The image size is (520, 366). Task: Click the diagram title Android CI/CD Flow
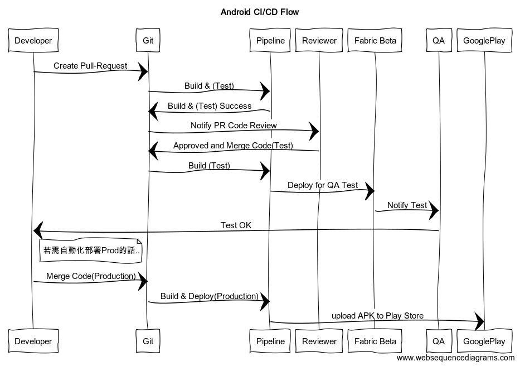coord(260,12)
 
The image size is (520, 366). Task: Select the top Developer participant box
coord(33,40)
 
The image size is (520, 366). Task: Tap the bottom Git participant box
coord(148,341)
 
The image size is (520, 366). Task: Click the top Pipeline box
coord(270,40)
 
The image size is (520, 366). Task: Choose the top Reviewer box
coord(319,40)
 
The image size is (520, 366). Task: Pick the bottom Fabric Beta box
coord(375,341)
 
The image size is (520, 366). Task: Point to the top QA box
coord(439,40)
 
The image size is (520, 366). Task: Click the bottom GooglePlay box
coord(484,341)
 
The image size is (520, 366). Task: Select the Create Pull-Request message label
coord(90,66)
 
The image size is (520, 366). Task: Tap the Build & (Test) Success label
coord(210,105)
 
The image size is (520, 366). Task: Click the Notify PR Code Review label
coord(234,126)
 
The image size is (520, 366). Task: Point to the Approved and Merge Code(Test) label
coord(233,146)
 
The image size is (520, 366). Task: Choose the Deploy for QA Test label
coord(323,185)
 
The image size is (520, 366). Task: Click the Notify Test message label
coord(407,205)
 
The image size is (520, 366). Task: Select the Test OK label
coord(236,225)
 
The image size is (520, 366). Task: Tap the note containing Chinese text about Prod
coord(90,251)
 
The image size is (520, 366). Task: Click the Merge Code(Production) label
coord(91,276)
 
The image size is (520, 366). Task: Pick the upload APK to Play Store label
coord(377,316)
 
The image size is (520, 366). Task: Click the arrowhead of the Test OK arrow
coord(38,229)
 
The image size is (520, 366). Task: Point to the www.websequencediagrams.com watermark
coord(456,358)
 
